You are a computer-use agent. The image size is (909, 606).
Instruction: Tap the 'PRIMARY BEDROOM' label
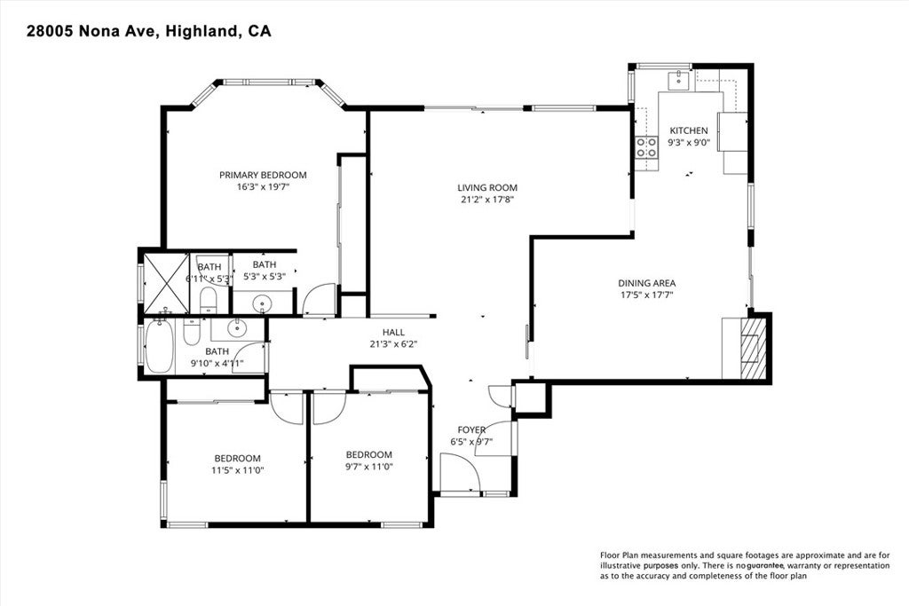(x=263, y=175)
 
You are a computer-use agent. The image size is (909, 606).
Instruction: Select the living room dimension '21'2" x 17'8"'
(x=486, y=200)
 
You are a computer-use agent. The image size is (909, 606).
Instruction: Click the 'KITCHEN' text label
(x=688, y=130)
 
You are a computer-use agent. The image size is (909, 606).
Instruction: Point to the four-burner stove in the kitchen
(x=645, y=147)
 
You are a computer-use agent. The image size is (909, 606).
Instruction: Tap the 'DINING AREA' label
(x=646, y=283)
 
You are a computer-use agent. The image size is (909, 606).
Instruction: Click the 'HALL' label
(x=393, y=332)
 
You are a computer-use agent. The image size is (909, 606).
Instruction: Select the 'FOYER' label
(x=471, y=429)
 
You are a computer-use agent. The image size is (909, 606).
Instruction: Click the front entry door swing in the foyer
(x=460, y=473)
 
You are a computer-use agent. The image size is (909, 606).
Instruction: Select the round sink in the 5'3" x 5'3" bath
(x=263, y=303)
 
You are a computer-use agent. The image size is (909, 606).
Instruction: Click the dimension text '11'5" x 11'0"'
(x=236, y=470)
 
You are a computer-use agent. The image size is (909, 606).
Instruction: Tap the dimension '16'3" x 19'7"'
(x=263, y=187)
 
